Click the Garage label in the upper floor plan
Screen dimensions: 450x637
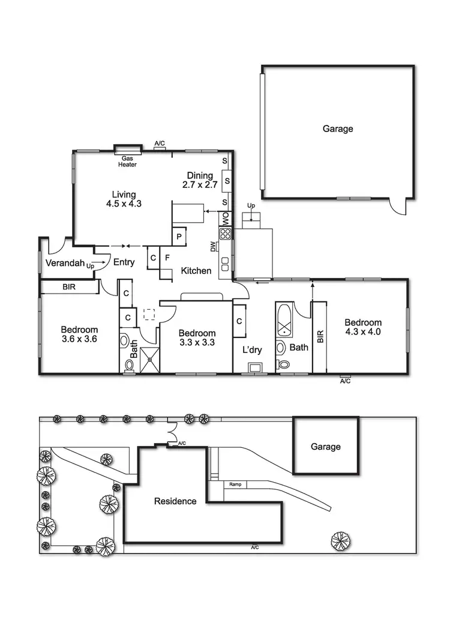coord(338,128)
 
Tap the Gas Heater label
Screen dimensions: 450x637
coord(127,162)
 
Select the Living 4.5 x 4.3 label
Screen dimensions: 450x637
coord(124,199)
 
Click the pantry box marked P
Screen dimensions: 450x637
coord(179,237)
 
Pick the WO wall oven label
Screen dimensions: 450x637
coord(226,219)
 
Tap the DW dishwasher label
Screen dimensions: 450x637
coord(213,246)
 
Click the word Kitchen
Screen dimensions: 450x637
coord(196,271)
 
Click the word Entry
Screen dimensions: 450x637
coord(124,262)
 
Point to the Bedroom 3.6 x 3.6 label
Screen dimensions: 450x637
coord(79,334)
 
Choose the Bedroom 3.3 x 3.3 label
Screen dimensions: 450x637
coord(197,338)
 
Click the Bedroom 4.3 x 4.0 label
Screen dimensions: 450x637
coord(363,327)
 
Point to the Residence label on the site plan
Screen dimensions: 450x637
coord(175,501)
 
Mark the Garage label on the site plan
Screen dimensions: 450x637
coord(325,447)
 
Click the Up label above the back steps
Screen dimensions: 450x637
coord(251,206)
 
